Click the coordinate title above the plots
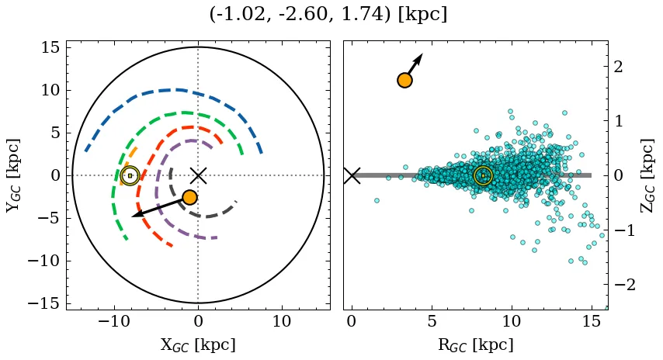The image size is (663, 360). [328, 15]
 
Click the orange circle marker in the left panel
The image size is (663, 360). [189, 197]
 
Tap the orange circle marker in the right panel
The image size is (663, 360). [404, 80]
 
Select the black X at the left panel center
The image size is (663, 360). [198, 175]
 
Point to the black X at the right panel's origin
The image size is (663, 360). [352, 175]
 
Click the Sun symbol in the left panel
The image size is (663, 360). [130, 175]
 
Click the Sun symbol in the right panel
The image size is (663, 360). [483, 175]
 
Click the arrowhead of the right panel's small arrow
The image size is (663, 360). [420, 57]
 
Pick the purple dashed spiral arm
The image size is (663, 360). [159, 194]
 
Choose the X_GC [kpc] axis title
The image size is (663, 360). [198, 344]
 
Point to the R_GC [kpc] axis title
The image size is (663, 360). [476, 344]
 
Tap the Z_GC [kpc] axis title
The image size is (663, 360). [648, 175]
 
